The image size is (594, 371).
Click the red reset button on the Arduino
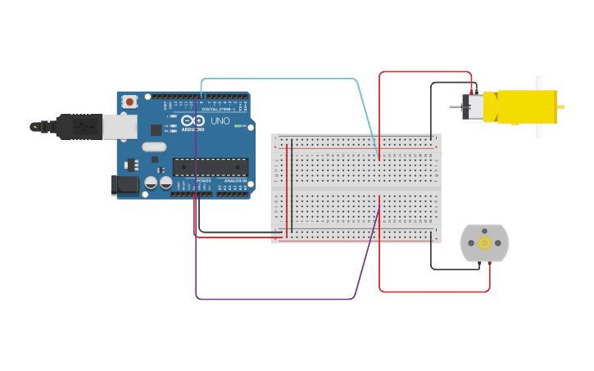pyautogui.click(x=129, y=102)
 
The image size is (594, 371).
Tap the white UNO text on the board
pyautogui.click(x=220, y=121)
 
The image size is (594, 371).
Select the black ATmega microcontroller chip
pyautogui.click(x=210, y=167)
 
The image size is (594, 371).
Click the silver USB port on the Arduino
pyautogui.click(x=120, y=126)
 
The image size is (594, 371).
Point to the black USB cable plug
pyautogui.click(x=79, y=127)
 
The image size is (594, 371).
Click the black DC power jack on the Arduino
pyautogui.click(x=125, y=186)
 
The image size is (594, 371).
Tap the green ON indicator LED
pyautogui.click(x=238, y=126)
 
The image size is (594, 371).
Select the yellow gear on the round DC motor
pyautogui.click(x=484, y=243)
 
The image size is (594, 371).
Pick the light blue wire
pyautogui.click(x=279, y=79)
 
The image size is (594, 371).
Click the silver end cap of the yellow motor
pyautogui.click(x=472, y=107)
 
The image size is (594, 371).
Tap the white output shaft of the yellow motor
pyautogui.click(x=538, y=106)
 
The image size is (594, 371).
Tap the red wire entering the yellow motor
pyautogui.click(x=426, y=72)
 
